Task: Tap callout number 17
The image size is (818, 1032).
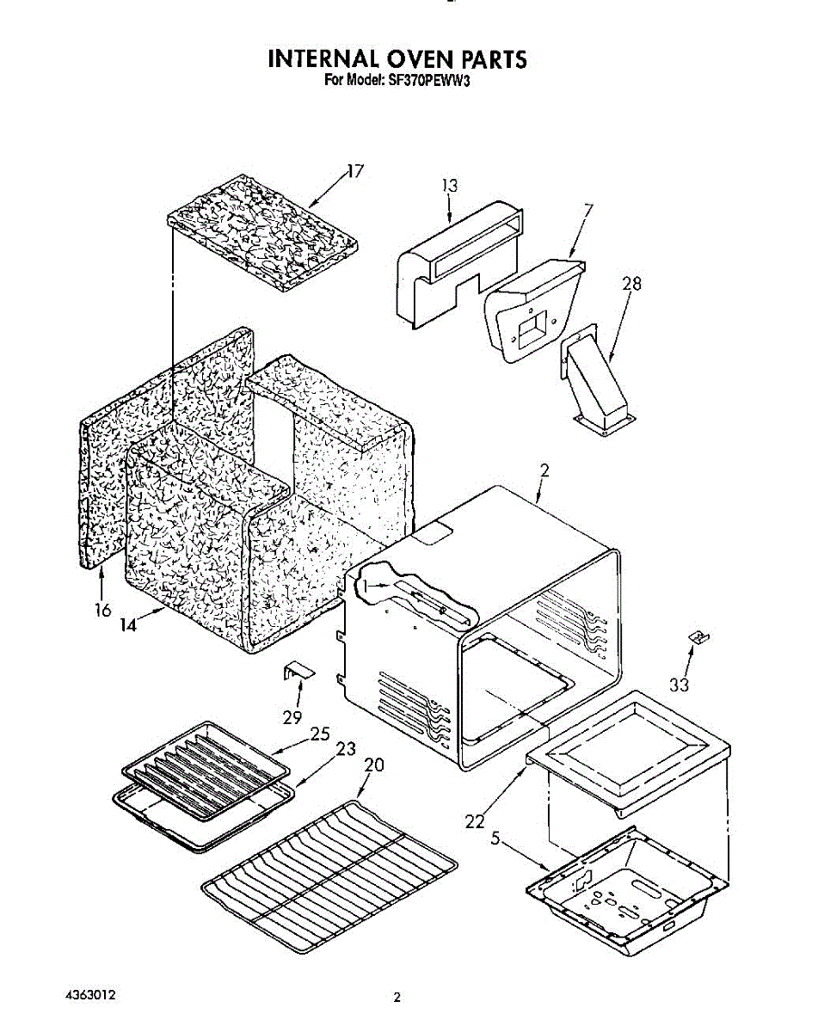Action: click(354, 171)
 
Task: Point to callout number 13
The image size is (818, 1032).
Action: click(450, 185)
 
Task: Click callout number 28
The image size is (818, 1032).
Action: click(631, 284)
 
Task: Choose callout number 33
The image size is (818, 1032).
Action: click(679, 685)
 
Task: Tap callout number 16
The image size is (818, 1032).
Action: click(102, 610)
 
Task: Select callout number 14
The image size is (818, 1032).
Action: click(128, 625)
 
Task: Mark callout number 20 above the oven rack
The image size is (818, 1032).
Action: click(374, 765)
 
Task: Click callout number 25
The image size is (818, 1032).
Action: click(319, 734)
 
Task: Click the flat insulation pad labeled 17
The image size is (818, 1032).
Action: click(263, 232)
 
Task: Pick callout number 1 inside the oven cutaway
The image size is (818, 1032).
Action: click(367, 585)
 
